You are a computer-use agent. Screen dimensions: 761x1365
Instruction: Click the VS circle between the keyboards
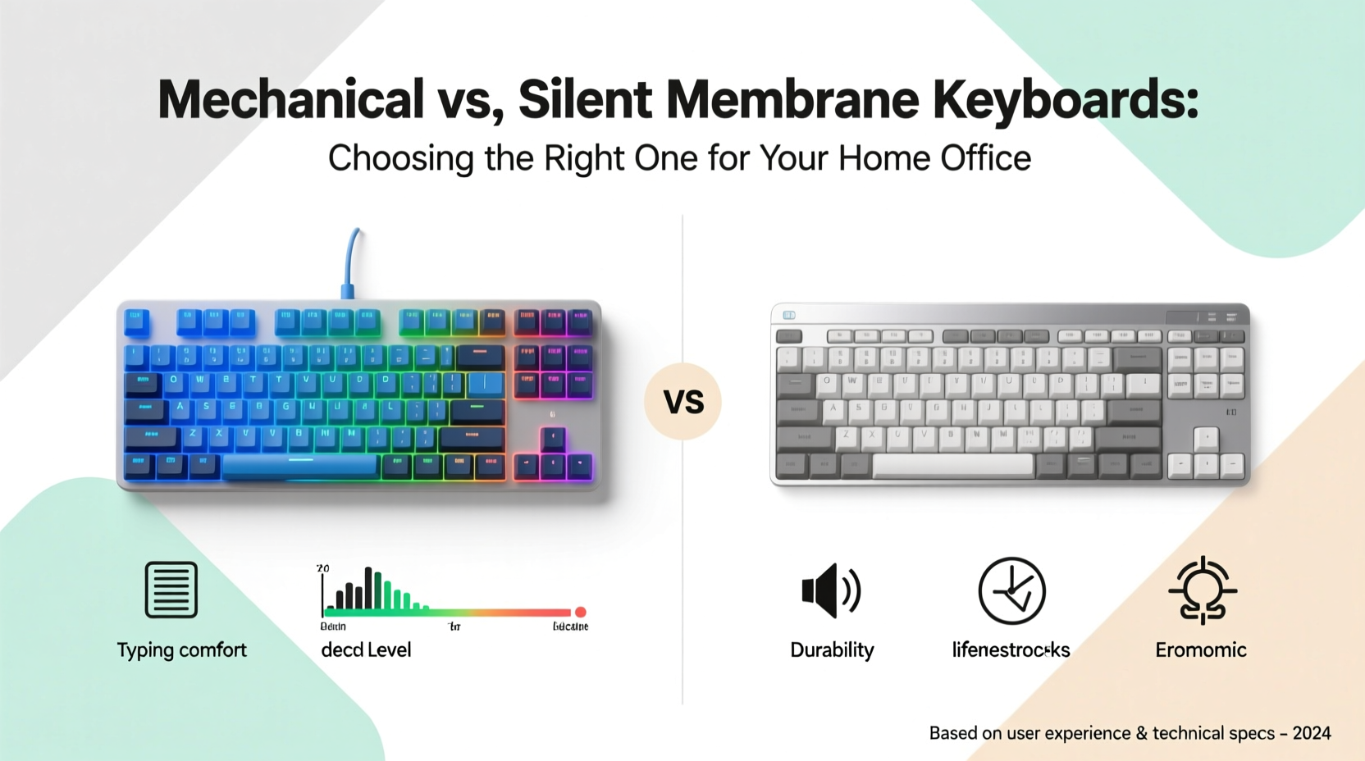682,402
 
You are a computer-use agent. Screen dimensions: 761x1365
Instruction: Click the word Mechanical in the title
290,100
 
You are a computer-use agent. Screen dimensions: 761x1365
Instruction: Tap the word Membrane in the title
792,100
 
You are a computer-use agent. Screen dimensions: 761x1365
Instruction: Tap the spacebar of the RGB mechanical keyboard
299,466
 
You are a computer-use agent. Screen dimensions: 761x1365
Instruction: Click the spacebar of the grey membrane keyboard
952,465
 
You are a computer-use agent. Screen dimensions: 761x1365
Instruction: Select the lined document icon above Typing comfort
171,590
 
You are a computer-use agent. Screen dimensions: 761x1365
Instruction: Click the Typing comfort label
181,650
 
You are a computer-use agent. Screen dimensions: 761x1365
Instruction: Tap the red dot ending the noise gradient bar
581,612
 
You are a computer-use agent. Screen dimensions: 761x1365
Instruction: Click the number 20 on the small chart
322,568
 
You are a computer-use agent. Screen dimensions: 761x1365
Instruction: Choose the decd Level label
366,650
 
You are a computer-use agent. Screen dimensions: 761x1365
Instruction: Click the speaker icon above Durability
830,590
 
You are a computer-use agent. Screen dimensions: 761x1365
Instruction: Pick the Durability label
832,650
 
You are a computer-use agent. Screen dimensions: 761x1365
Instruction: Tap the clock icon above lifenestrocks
1011,590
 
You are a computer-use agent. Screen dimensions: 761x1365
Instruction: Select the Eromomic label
1201,650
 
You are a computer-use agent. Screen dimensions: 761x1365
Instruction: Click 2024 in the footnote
1312,733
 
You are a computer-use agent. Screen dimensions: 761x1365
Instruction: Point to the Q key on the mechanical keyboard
173,380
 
